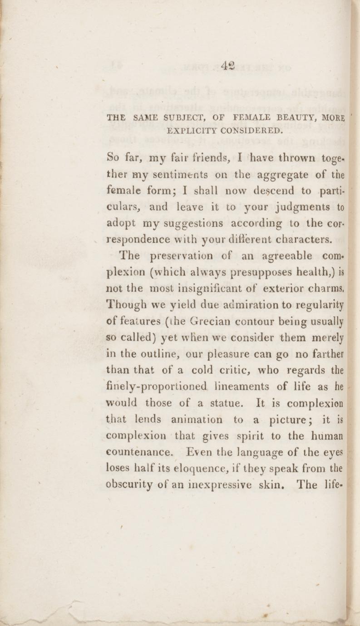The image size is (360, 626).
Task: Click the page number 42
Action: tap(227, 66)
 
